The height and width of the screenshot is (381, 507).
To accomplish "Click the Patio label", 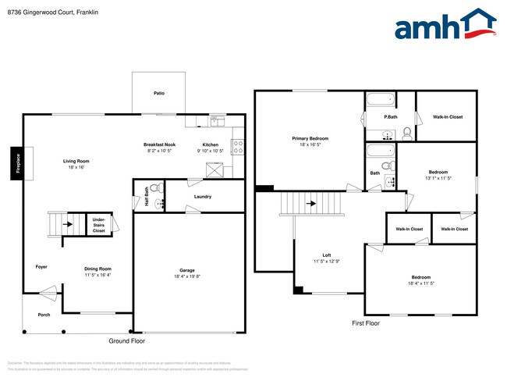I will [158, 93].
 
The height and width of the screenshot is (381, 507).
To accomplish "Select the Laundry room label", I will [203, 197].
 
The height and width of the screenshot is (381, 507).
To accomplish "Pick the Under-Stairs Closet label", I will [99, 225].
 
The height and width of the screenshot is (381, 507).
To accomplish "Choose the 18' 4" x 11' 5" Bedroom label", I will [420, 280].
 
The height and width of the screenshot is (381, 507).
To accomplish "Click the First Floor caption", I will [365, 322].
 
